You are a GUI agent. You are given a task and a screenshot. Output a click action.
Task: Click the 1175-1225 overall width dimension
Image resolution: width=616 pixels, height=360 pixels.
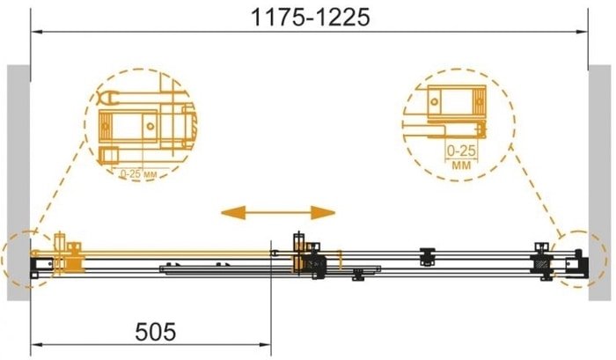pos(310,18)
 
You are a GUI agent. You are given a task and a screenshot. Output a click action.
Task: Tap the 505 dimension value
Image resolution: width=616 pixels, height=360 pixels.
pos(156,332)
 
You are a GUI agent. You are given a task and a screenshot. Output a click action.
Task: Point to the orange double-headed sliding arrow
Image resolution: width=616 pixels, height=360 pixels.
pos(278,213)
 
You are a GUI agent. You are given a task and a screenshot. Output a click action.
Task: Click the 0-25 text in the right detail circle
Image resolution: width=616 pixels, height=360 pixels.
pos(461,151)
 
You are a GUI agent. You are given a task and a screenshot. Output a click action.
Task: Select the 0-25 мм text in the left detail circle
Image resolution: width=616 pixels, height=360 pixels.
pos(138,173)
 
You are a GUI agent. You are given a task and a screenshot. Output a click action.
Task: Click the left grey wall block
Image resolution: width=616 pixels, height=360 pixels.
pos(18,183)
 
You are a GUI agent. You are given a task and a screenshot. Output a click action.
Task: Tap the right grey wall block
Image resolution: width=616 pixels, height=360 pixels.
pos(599,183)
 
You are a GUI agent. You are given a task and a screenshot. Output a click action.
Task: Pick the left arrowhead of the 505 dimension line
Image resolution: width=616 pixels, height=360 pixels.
pos(37,345)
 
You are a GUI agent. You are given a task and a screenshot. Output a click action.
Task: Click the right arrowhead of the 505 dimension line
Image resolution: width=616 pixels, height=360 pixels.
pos(265,345)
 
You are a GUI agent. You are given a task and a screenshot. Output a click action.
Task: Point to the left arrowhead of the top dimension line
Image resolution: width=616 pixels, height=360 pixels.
pos(37,32)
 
